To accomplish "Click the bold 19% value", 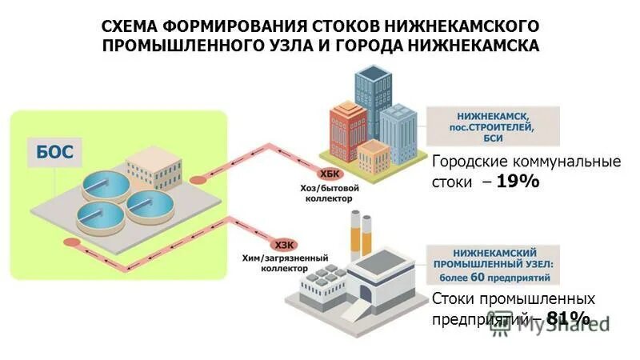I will [x=518, y=182].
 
